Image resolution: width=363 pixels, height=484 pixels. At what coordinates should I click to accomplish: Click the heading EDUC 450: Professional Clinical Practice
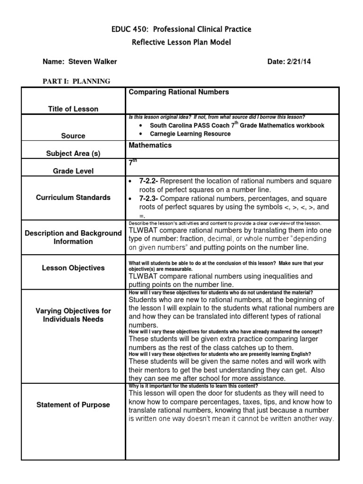pos(181,29)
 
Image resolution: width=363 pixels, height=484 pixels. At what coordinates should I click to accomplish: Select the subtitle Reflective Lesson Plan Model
pos(181,43)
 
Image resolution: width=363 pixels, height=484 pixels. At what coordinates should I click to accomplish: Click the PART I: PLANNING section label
pos(76,81)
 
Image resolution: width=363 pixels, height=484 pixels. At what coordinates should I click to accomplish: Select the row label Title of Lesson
pos(73,109)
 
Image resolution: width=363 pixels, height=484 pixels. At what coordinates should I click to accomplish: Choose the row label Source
pos(73,136)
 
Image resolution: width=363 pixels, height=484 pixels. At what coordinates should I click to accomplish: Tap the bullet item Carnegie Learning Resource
pos(190,134)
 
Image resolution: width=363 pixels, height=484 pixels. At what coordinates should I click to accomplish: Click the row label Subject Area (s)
pos(73,154)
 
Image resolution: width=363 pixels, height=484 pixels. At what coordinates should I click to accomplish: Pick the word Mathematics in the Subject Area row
pos(150,146)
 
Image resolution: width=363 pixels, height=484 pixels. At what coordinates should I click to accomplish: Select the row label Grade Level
pos(73,171)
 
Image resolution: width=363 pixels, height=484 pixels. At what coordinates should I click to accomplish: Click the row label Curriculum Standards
pos(73,198)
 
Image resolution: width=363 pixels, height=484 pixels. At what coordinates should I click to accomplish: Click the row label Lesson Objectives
pos(73,268)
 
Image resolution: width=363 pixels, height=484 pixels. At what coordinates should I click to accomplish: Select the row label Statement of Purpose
pos(73,405)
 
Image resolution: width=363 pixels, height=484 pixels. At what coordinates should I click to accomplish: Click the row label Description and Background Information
pos(73,237)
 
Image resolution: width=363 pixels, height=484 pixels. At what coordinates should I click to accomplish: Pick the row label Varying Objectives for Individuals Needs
pos(73,315)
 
